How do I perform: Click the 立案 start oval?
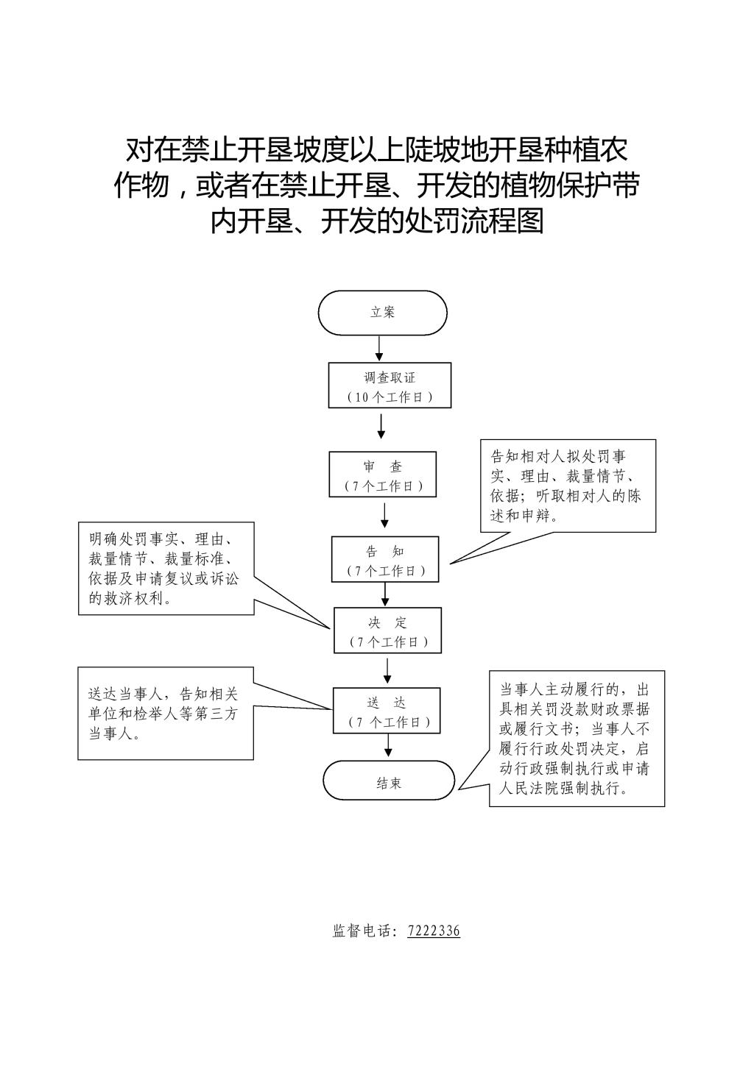tap(382, 313)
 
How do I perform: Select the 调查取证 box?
tap(389, 385)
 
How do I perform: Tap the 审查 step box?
tap(383, 475)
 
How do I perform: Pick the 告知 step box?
tap(384, 560)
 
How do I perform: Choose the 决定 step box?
tap(387, 630)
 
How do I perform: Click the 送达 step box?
tap(387, 711)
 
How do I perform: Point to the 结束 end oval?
tap(389, 781)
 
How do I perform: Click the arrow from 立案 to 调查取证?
tap(379, 348)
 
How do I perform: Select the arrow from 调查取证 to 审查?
tap(381, 426)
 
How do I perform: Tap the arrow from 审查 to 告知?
tap(384, 515)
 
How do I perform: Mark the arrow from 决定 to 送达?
tap(387, 670)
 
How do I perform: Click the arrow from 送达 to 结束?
tap(388, 745)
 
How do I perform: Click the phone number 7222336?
tap(434, 931)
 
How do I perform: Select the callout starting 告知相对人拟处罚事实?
tap(568, 486)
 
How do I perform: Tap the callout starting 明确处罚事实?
tap(166, 568)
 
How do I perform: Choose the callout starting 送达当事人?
tap(165, 713)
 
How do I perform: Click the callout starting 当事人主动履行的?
tap(577, 738)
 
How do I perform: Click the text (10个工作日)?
tap(390, 397)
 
